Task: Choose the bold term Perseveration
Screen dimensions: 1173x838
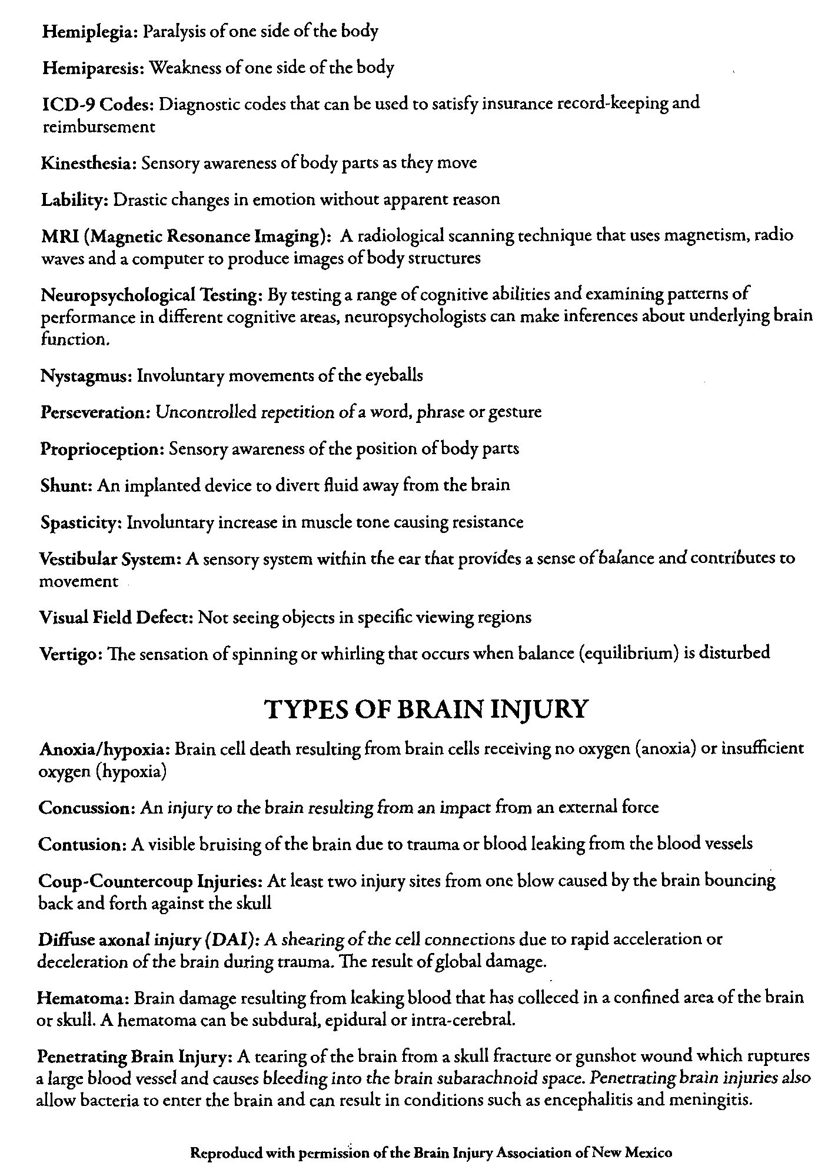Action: [95, 412]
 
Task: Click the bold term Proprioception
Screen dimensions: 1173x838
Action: [101, 449]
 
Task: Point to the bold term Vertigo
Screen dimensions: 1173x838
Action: [69, 654]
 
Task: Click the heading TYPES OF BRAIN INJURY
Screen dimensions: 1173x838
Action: [426, 709]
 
